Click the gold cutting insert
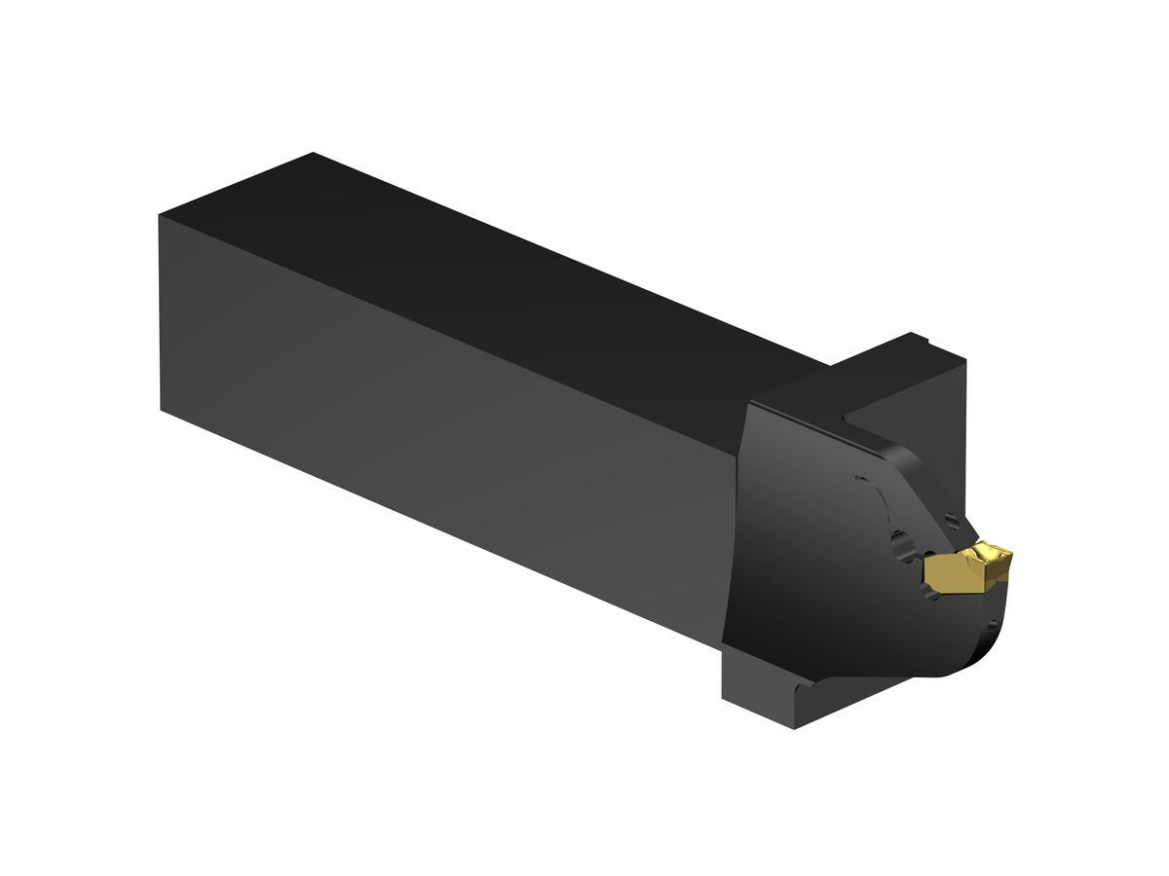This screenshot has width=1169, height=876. click(x=964, y=569)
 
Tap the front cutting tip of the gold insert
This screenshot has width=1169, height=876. click(x=1007, y=556)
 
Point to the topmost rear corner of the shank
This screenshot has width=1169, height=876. click(x=313, y=154)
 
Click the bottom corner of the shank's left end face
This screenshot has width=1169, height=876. click(x=161, y=410)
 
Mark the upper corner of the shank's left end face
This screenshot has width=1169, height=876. click(x=159, y=216)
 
